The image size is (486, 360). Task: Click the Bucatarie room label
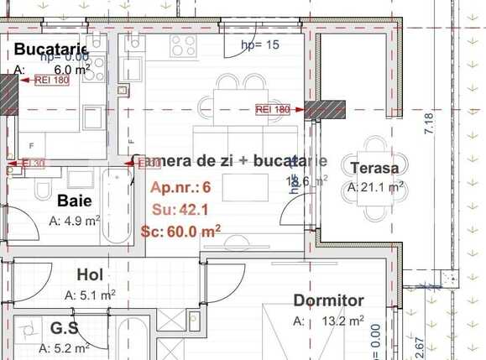(51, 50)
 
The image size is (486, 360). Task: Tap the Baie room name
(75, 201)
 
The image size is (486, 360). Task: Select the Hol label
(90, 274)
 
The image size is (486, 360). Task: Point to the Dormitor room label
(328, 300)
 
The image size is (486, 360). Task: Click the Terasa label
(374, 167)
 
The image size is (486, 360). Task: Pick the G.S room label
(65, 328)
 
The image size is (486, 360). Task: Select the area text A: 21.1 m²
(375, 187)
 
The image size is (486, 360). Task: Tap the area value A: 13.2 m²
(328, 321)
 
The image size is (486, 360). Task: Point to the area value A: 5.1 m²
(90, 295)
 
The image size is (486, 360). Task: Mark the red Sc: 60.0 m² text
(181, 231)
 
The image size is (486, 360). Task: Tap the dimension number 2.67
(420, 347)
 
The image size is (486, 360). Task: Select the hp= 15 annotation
(259, 44)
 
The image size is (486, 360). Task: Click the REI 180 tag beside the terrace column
(273, 110)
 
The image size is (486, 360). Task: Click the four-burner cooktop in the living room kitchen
(184, 47)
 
